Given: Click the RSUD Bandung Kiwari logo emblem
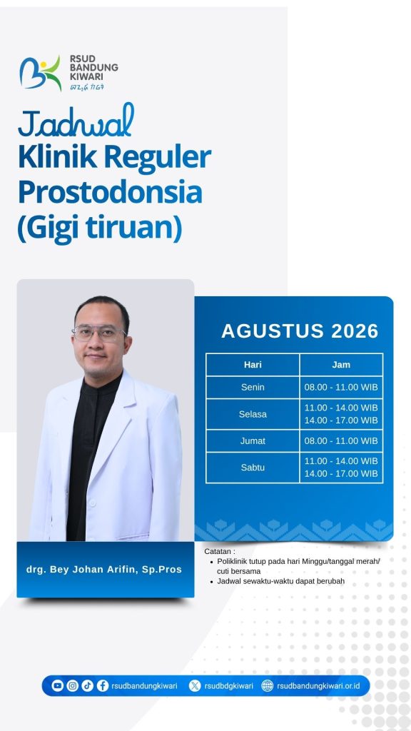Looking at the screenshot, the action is [x=40, y=74].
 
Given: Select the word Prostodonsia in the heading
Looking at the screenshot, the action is [x=110, y=193].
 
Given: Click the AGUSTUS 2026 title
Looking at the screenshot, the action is [x=300, y=331].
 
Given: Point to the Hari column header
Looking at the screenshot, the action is [x=253, y=365].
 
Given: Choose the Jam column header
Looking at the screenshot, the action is [x=341, y=365].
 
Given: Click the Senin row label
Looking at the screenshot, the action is [x=253, y=387].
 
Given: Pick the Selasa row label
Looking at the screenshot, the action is [x=253, y=414].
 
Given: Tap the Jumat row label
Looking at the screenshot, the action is [x=253, y=440].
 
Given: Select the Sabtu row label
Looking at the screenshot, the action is [x=253, y=467].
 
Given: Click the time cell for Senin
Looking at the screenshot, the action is [x=341, y=387].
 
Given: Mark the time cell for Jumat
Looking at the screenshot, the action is [x=341, y=440].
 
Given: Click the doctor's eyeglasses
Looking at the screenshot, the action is [x=98, y=333].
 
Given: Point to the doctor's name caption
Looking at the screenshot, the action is [x=104, y=569].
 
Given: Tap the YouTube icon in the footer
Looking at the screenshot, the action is [x=57, y=685].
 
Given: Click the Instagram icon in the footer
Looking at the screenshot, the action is [x=72, y=685].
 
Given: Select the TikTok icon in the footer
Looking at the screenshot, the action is [x=87, y=685].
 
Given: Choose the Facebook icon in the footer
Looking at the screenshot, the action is [x=103, y=685].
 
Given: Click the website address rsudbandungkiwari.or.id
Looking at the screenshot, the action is [x=318, y=686].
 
